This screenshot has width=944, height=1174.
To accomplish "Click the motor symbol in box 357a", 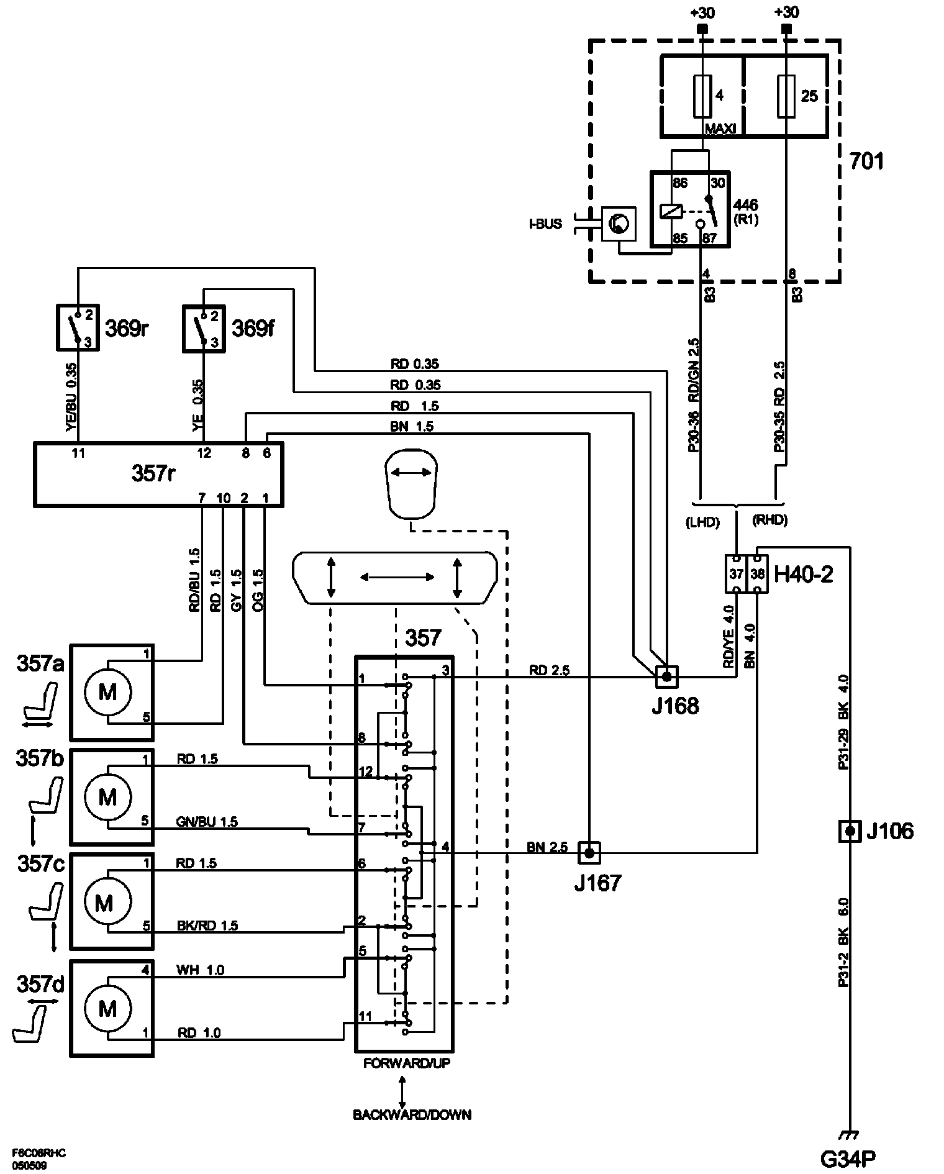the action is point(108,691).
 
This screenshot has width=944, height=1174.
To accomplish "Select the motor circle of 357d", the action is point(108,1009).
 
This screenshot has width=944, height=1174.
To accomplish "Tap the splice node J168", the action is point(666,676).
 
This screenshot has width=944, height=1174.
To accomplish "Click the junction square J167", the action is point(589,853).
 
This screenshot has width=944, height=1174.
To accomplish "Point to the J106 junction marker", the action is point(850,831).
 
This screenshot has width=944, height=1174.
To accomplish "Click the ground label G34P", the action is point(848,1158).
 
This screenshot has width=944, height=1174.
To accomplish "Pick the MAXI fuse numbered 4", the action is point(702,96).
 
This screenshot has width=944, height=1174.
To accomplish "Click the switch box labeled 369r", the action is point(78,327).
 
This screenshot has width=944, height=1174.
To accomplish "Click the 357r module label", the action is point(153,474).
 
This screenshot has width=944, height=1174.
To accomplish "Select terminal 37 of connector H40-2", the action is point(736,574).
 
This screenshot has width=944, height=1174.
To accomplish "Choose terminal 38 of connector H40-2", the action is point(757,574).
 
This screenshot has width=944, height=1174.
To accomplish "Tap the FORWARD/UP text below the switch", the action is point(407,1063).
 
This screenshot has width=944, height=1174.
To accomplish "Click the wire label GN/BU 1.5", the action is point(207,822).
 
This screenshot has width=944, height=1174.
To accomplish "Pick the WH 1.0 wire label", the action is point(201,970).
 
